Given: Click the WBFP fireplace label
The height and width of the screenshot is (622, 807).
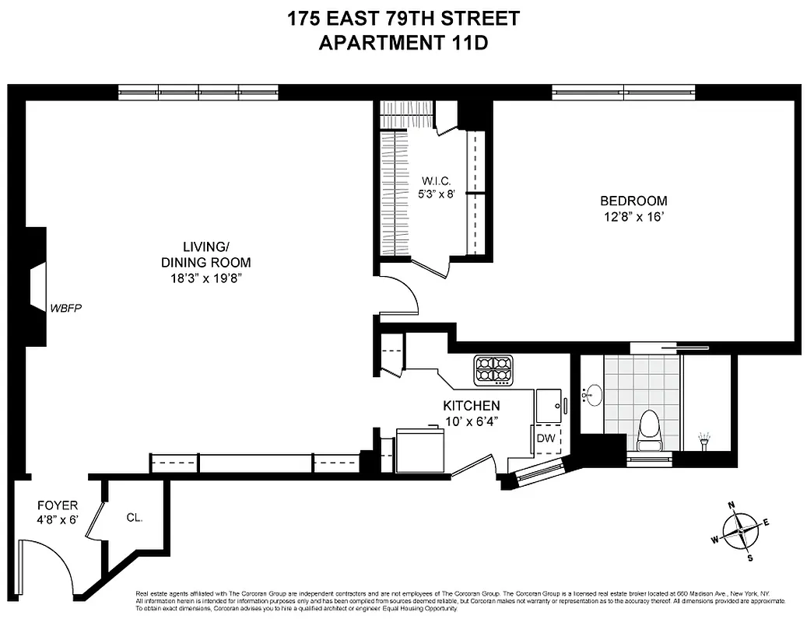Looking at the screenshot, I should click(x=66, y=308).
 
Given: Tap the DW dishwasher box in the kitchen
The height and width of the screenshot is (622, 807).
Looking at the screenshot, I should click(x=546, y=439).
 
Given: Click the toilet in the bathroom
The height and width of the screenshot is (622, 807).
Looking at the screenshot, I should click(x=648, y=431).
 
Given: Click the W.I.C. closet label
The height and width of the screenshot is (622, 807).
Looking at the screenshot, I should click(x=432, y=182).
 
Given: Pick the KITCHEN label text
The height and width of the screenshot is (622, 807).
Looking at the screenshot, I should click(x=472, y=406).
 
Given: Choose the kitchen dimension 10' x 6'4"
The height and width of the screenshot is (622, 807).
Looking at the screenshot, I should click(x=472, y=422).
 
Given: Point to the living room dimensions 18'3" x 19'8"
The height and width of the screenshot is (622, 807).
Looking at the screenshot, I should click(x=200, y=278).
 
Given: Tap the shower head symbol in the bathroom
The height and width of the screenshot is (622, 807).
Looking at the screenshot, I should click(x=706, y=441).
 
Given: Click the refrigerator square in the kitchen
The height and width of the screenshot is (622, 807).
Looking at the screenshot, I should click(x=421, y=451).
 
